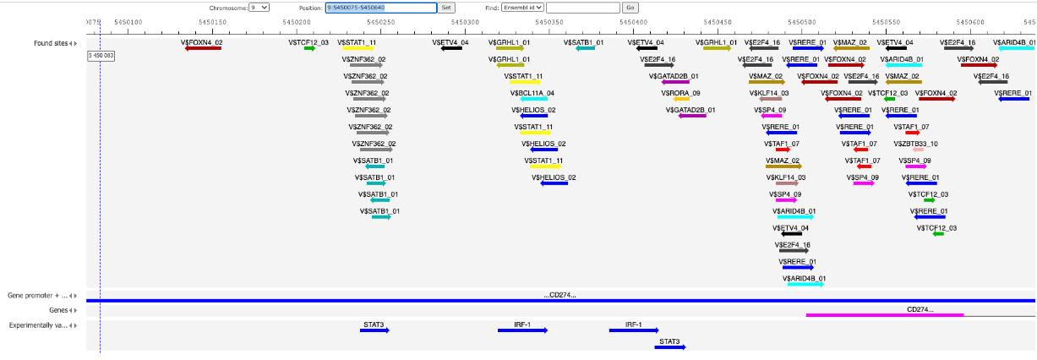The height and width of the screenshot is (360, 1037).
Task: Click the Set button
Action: click(446, 8)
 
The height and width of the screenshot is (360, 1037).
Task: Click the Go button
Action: click(630, 8)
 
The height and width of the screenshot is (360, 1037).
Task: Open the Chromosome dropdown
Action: click(259, 8)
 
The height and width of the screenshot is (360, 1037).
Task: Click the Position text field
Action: click(381, 8)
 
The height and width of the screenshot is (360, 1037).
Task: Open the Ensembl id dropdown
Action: click(522, 8)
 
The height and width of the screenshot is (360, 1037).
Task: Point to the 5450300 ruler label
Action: click(465, 22)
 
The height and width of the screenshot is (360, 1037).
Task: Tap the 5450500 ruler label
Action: click(802, 22)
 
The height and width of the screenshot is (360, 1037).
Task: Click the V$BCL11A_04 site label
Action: click(532, 93)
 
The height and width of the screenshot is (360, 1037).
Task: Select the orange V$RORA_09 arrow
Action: click(681, 99)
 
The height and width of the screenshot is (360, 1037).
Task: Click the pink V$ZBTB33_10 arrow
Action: click(918, 150)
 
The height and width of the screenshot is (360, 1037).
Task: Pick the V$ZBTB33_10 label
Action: click(915, 144)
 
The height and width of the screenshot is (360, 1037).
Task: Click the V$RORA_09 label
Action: click(680, 93)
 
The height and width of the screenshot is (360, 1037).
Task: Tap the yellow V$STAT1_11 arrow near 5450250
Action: click(358, 48)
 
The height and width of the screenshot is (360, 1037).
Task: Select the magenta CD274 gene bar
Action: click(885, 315)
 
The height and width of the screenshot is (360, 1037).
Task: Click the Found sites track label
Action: click(51, 43)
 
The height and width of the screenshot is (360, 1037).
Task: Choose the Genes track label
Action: click(58, 310)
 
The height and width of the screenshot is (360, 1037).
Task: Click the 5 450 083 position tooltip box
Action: click(101, 56)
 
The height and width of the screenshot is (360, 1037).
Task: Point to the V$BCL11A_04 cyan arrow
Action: click(534, 99)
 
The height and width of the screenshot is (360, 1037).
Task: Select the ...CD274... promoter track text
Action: click(560, 295)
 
